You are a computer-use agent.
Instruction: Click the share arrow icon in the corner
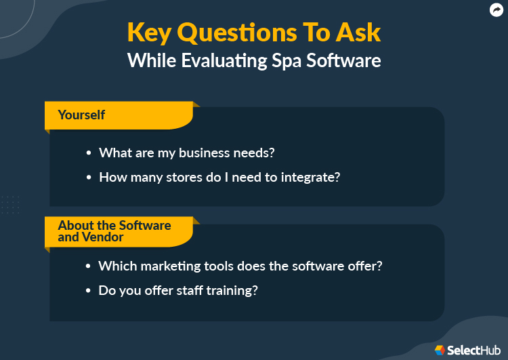coord(496,9)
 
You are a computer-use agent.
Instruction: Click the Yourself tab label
coord(81,115)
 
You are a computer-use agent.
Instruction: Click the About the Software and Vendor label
coord(114,231)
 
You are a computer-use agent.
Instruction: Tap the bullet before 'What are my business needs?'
coord(88,153)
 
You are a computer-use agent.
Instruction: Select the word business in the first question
coord(203,153)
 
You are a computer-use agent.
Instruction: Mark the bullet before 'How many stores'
coord(88,178)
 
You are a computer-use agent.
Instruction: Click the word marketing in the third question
coord(164,266)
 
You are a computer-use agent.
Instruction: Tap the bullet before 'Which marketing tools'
coord(88,266)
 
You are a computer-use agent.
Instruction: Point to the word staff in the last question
coord(189,290)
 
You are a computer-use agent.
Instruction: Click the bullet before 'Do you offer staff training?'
coord(88,291)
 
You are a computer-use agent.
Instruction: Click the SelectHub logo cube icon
coord(440,350)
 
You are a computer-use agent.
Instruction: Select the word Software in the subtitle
coord(343,60)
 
